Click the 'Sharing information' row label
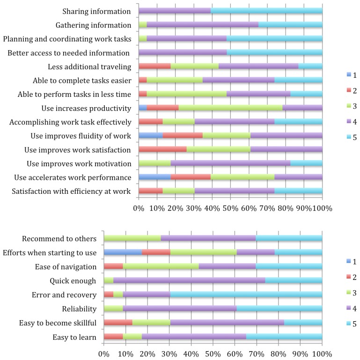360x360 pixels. tap(96, 11)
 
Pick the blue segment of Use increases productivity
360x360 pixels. tap(143, 109)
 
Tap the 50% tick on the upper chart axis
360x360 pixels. tap(230, 207)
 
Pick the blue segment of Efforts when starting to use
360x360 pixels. tap(123, 253)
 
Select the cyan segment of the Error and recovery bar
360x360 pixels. tap(246, 295)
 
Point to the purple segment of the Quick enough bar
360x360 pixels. tap(189, 281)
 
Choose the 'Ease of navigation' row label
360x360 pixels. tap(66, 267)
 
